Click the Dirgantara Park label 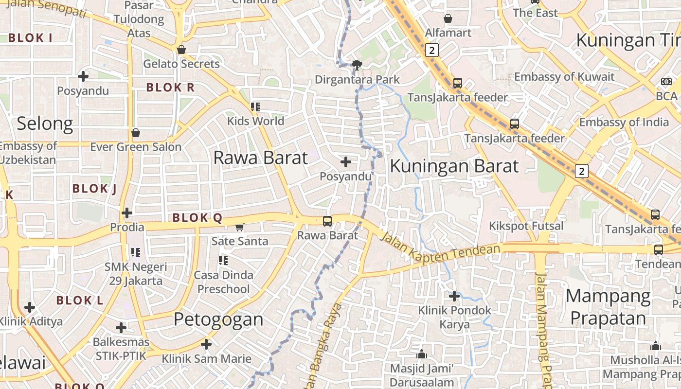(358, 79)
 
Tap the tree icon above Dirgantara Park (357, 65)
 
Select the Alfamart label (448, 33)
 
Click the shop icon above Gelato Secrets (181, 50)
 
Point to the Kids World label (255, 121)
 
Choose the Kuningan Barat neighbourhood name (454, 166)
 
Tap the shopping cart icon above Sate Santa (239, 227)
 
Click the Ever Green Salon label (136, 147)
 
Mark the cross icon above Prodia (127, 213)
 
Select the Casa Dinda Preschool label (224, 282)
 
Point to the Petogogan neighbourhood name (218, 319)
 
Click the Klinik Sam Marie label (207, 359)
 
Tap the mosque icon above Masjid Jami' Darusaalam (422, 354)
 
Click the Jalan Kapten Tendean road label (440, 252)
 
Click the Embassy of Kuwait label (564, 77)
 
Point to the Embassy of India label (624, 122)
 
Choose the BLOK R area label (170, 88)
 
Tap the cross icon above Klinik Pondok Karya (454, 296)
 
